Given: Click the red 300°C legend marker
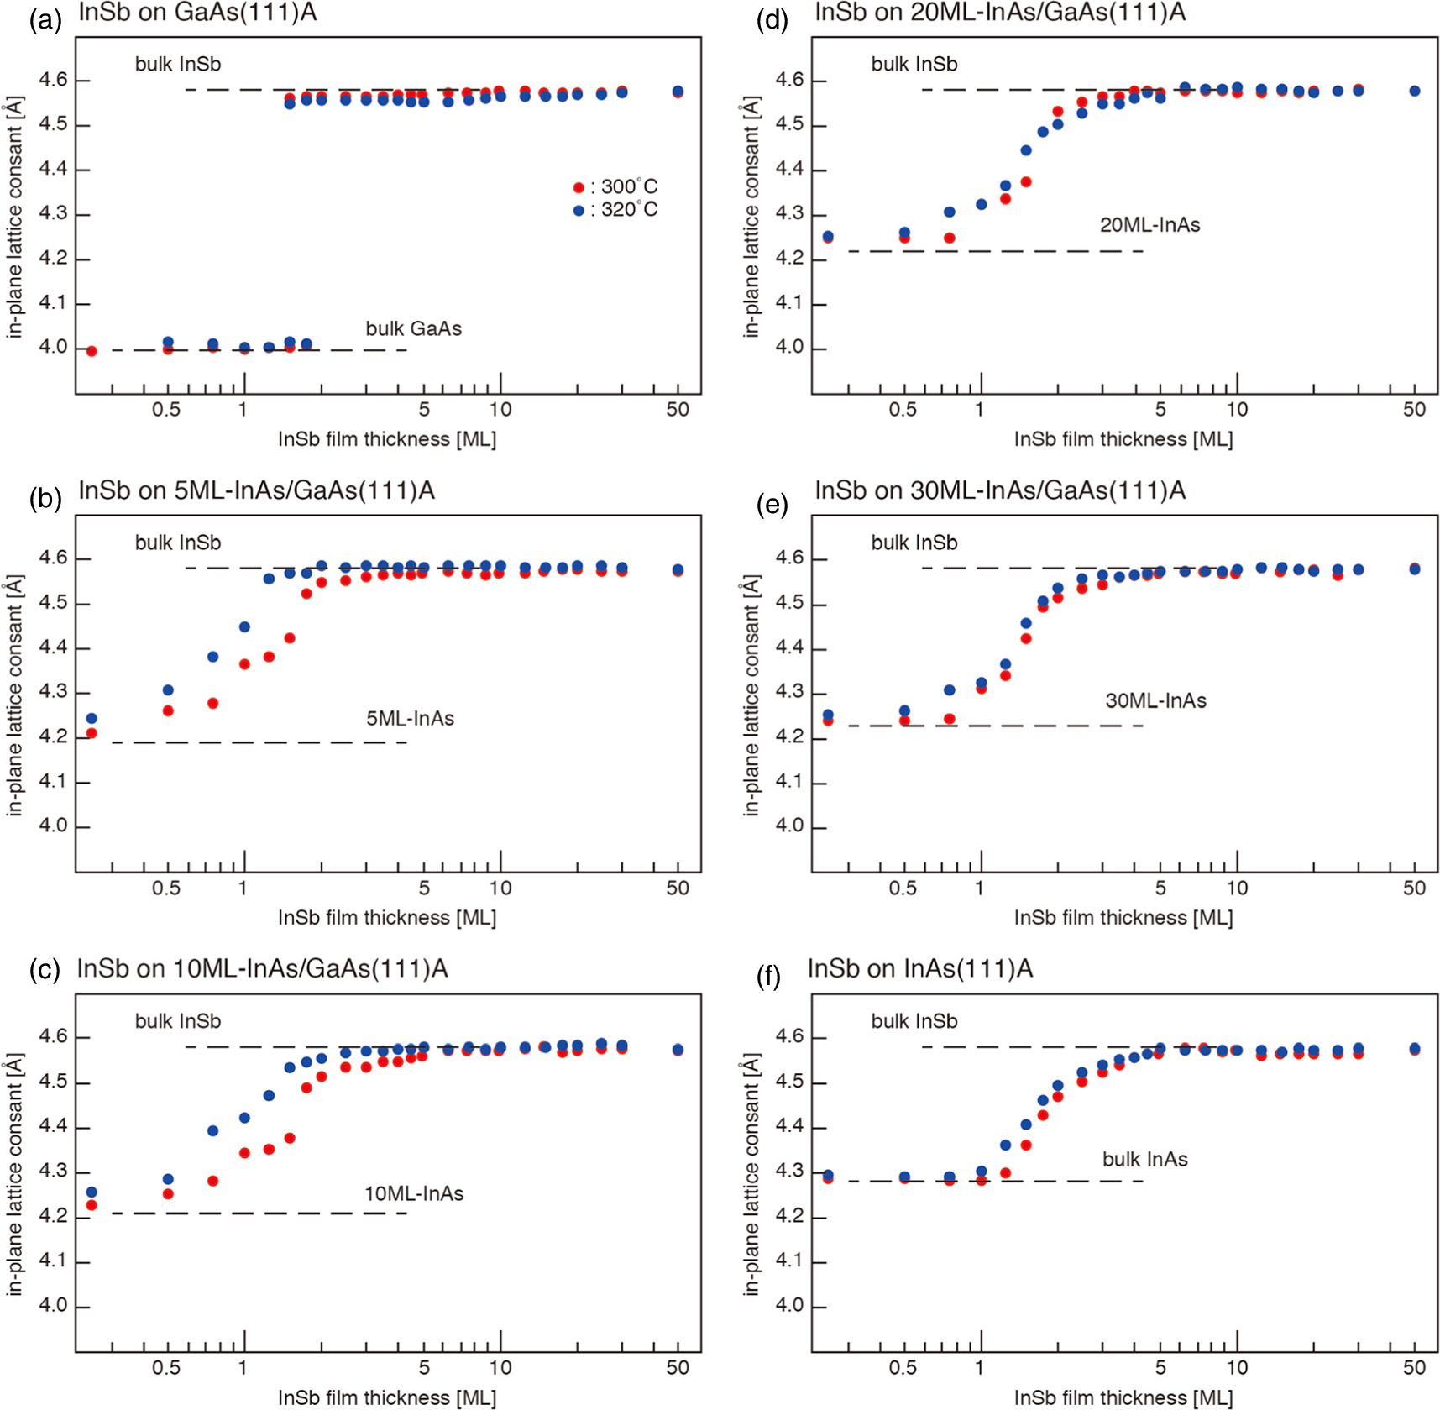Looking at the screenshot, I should coord(578,187).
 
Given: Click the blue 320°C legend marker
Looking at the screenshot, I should coord(578,210).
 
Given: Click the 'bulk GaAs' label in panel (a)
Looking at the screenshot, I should coord(413,328).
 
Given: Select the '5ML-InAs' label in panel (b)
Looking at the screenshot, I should coord(410,719).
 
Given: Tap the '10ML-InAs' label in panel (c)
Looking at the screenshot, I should coord(413,1193).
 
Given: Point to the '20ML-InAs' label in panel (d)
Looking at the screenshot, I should coord(1149,225).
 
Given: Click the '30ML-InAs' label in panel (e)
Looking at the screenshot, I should coord(1155,700).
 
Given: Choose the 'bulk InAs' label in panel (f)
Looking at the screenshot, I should coord(1144,1160).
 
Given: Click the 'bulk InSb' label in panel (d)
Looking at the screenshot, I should coord(914,64).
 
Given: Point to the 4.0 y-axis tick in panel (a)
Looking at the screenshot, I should coord(52,348).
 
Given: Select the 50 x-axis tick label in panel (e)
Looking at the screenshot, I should coord(1414,888).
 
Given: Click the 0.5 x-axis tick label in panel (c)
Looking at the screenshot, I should coord(166,1367).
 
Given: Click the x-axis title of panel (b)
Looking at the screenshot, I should coord(387,917).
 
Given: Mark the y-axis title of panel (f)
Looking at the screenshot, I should coord(751,1176).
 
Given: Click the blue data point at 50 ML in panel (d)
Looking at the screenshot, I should coord(1415,91).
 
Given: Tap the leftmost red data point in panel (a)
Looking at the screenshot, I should coord(92,351).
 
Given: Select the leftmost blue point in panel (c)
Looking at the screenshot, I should coord(92,1192).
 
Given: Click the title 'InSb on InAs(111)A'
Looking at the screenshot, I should coord(919,969).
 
